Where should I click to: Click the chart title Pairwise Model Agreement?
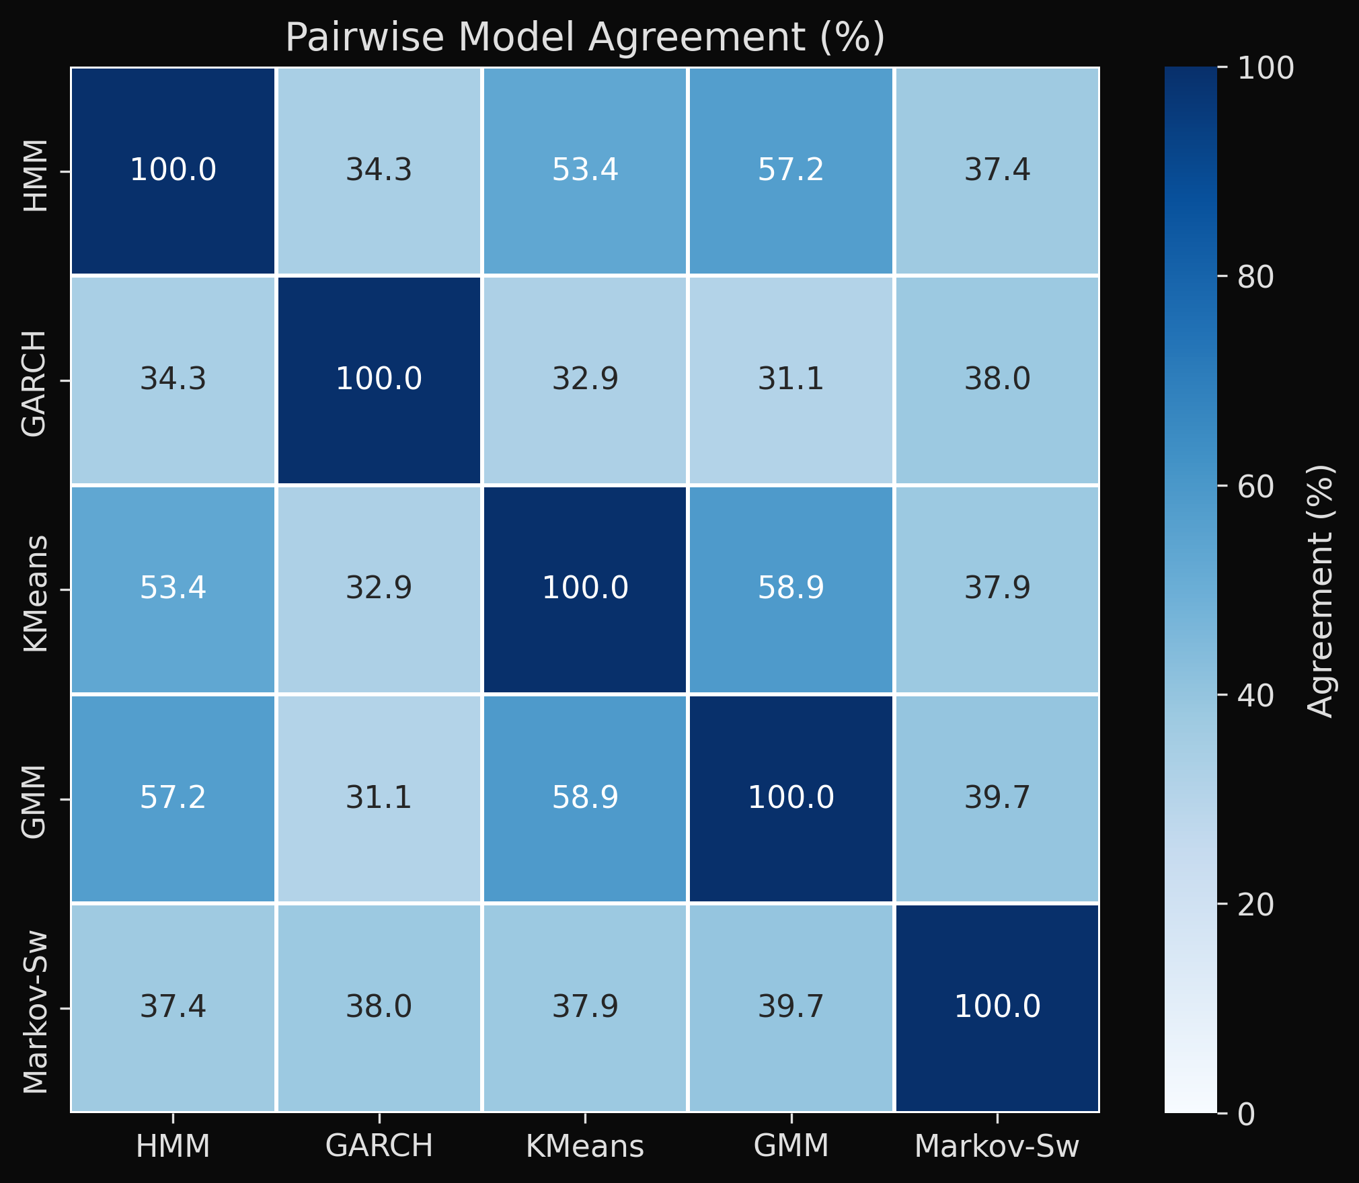click(x=584, y=37)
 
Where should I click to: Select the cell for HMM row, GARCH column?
click(x=379, y=171)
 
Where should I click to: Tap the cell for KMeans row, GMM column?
click(x=791, y=589)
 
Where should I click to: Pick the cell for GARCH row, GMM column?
click(x=791, y=380)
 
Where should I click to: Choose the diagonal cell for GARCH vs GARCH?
click(x=379, y=380)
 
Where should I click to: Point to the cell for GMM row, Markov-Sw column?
click(x=997, y=798)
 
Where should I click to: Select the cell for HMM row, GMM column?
click(x=791, y=171)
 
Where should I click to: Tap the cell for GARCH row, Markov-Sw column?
click(x=997, y=380)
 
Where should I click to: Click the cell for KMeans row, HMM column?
click(x=173, y=589)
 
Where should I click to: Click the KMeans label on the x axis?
click(x=585, y=1146)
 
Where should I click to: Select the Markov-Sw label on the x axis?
click(x=997, y=1146)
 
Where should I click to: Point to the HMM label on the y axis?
click(x=35, y=175)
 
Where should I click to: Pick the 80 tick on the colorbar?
click(x=1255, y=277)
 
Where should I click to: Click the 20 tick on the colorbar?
click(x=1255, y=905)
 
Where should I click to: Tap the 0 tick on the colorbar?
click(x=1246, y=1114)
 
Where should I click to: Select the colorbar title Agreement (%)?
click(x=1320, y=591)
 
